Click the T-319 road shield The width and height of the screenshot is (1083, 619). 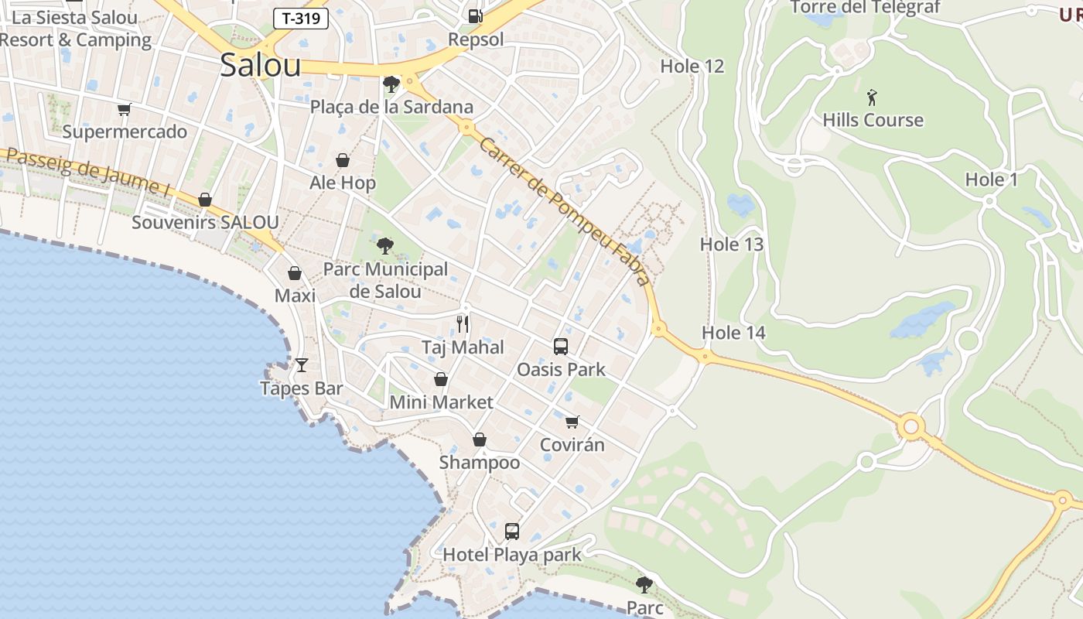coord(301,19)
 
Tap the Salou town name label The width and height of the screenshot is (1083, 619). coord(260,65)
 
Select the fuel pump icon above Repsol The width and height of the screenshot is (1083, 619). coord(476,15)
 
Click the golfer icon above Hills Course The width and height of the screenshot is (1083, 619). coord(873,97)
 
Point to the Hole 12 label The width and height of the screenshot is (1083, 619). coord(692,67)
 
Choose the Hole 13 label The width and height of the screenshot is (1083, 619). coord(731,245)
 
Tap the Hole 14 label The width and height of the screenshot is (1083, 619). coord(733,333)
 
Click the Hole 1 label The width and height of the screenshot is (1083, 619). coord(991,180)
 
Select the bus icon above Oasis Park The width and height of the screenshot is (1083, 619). coord(561,347)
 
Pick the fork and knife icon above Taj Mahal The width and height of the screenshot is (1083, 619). coord(463,323)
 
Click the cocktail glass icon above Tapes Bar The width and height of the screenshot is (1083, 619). coord(302,365)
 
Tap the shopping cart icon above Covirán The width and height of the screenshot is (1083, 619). coord(572,422)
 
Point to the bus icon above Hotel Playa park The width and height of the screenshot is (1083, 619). coord(511,532)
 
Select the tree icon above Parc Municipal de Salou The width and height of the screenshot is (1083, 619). coord(384,247)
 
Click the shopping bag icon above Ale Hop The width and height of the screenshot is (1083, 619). coord(343,160)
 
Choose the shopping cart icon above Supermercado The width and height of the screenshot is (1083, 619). coord(124,109)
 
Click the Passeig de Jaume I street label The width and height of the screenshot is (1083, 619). coord(87,172)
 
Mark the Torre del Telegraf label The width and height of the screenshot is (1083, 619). coord(864,8)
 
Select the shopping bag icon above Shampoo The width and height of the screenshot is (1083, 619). coord(480,439)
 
